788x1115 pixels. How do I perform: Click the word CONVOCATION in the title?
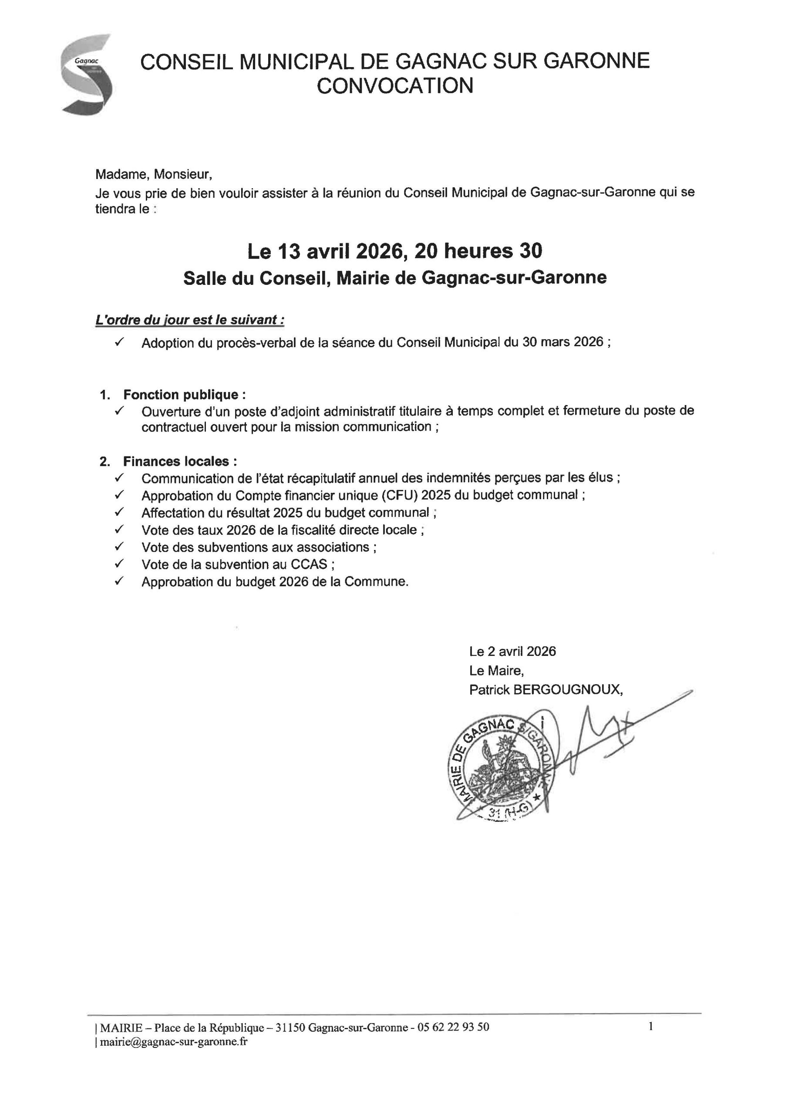pyautogui.click(x=395, y=86)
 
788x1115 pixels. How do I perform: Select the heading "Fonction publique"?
pyautogui.click(x=181, y=394)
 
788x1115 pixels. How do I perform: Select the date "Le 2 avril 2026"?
pyautogui.click(x=512, y=651)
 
